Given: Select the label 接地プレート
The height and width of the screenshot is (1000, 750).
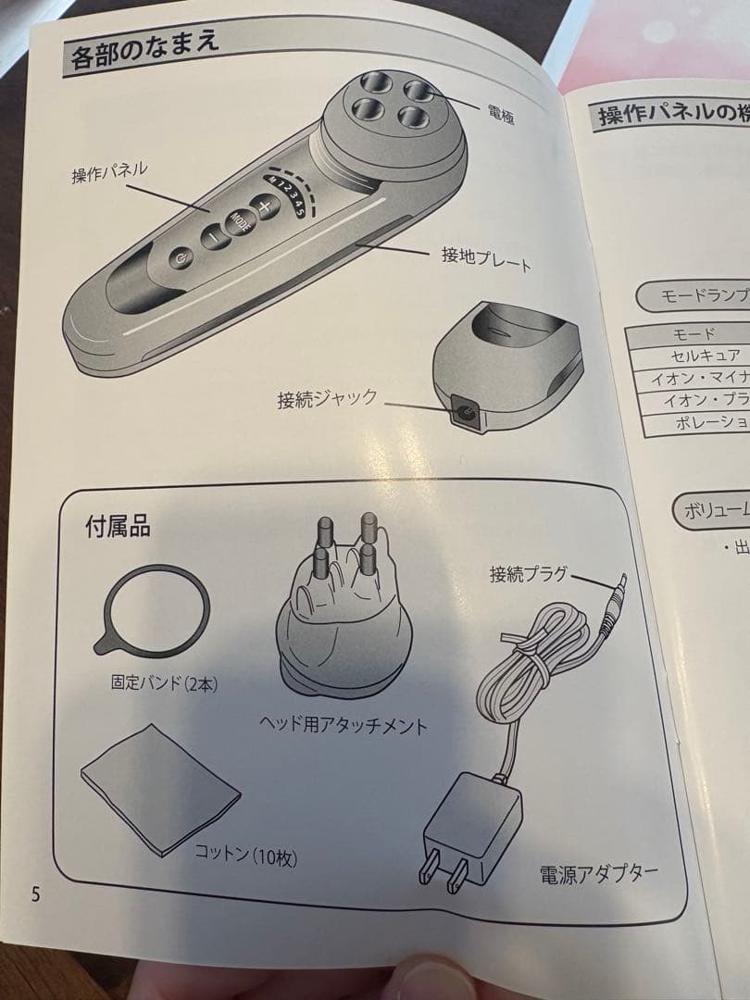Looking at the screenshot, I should click(x=486, y=258).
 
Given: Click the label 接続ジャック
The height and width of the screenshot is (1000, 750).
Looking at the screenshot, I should click(x=327, y=399).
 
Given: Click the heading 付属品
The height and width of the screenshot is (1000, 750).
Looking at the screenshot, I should click(x=118, y=528).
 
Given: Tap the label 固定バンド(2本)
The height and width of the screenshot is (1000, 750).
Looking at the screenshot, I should click(x=164, y=684).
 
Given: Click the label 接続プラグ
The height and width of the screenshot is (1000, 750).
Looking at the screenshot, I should click(x=528, y=574).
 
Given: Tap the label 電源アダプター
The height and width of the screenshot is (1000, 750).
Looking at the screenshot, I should click(x=599, y=873).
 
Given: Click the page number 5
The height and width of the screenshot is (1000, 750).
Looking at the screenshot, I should click(x=35, y=894).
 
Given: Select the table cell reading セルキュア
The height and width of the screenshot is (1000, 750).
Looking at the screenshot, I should click(x=706, y=355).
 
